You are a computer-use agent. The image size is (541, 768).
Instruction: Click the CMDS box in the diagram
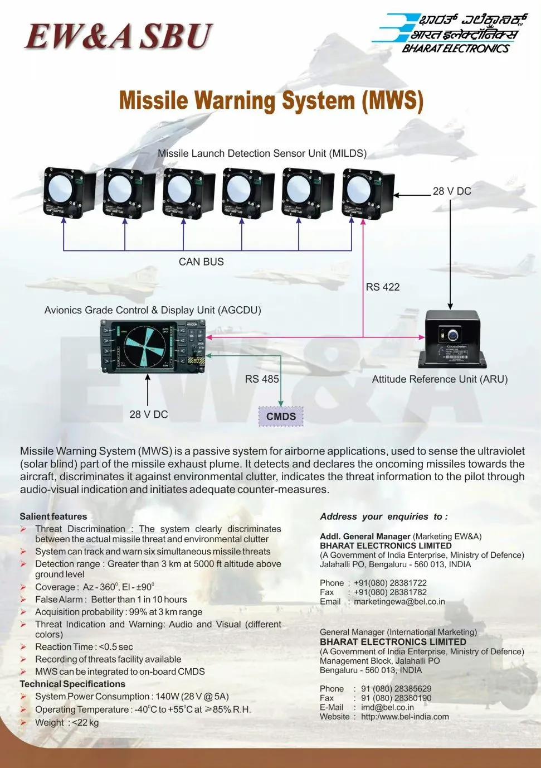[x=281, y=416]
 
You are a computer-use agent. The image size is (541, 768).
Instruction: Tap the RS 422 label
[x=383, y=287]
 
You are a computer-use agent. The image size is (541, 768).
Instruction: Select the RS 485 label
[x=262, y=379]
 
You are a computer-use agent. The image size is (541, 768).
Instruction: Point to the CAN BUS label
[x=201, y=262]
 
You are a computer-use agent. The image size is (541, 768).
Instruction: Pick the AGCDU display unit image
[x=152, y=346]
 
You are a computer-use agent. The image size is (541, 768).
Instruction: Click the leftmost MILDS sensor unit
[x=69, y=192]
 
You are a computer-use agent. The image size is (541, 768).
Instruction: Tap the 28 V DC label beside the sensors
[x=452, y=191]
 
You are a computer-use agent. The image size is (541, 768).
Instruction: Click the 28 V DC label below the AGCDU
[x=148, y=414]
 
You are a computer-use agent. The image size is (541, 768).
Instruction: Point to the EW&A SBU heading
[x=118, y=36]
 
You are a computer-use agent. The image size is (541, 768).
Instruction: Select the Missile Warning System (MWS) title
[x=271, y=101]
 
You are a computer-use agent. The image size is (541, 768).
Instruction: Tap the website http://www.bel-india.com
[x=405, y=717]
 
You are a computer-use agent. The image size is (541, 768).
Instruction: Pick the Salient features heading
[x=53, y=516]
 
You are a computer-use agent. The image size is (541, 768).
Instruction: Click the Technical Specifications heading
[x=72, y=684]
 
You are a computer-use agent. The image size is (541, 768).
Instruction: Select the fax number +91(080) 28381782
[x=390, y=592]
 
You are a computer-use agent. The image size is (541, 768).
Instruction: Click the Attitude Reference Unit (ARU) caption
[x=440, y=379]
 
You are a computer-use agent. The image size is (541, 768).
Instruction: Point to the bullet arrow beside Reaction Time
[x=23, y=647]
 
